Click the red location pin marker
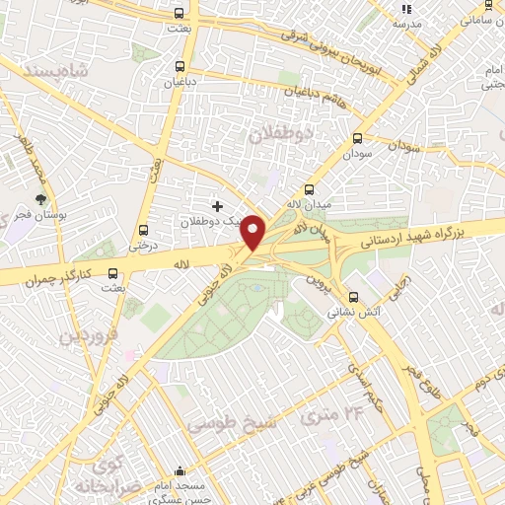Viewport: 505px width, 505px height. coord(253,233)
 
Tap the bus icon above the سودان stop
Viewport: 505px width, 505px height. coord(356,139)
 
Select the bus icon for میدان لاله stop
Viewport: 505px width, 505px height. coord(310,189)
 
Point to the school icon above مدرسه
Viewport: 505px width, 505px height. coord(406,8)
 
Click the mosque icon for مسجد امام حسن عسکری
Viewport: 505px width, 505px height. coord(179,471)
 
